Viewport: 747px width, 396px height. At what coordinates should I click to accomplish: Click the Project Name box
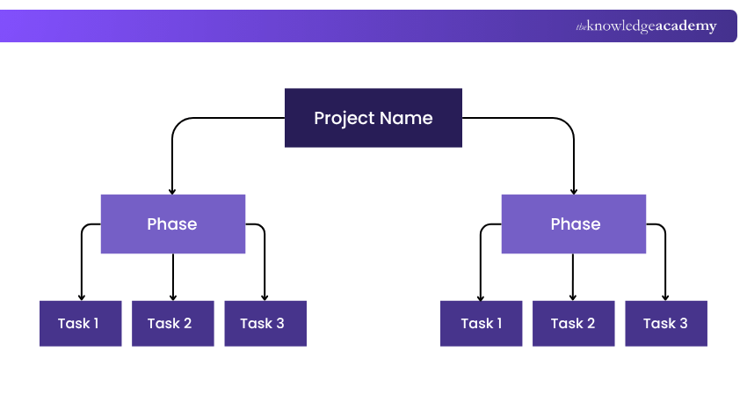point(373,118)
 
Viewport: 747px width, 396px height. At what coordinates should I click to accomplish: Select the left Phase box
point(173,224)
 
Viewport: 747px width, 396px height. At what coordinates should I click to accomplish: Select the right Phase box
point(574,224)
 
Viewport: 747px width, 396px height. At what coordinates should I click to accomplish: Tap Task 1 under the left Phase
point(81,324)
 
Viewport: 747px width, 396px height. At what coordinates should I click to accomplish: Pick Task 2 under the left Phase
point(173,324)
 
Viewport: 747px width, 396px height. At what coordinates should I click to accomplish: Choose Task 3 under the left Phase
point(265,324)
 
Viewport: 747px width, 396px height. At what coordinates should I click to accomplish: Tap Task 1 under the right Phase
point(482,324)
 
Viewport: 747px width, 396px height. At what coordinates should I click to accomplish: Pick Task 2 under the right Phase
point(574,324)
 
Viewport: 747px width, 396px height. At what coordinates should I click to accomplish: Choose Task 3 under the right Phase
point(666,324)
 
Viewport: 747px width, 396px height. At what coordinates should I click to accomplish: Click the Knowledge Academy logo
point(646,26)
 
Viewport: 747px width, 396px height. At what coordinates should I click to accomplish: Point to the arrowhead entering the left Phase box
point(172,192)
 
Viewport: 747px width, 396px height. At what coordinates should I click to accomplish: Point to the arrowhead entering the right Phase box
point(574,192)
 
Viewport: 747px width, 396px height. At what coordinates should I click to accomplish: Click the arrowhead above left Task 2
point(173,297)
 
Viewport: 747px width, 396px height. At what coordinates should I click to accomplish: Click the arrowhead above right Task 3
point(665,297)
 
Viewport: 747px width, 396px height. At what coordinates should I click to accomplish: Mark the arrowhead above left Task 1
point(82,297)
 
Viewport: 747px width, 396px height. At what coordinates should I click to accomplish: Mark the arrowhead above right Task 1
point(480,297)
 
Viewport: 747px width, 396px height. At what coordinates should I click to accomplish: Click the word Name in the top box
point(406,118)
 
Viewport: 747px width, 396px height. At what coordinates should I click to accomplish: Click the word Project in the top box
point(344,119)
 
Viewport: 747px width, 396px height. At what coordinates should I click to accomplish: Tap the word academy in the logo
point(686,26)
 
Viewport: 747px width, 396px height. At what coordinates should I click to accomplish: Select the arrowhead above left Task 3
point(265,297)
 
